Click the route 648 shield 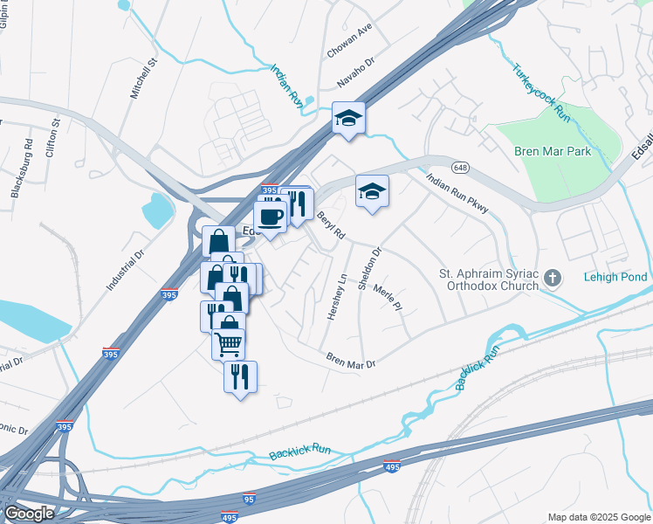[x=460, y=166]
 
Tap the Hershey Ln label [x=337, y=296]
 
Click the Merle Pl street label [x=387, y=298]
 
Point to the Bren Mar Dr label [x=350, y=360]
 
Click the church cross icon [x=552, y=279]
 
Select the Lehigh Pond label [x=615, y=278]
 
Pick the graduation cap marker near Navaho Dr [x=348, y=117]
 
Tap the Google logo [x=29, y=514]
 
